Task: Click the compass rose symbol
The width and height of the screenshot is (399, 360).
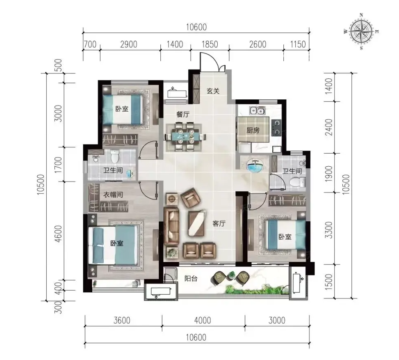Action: [x=361, y=32]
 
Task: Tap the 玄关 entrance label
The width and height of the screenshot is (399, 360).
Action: [x=213, y=91]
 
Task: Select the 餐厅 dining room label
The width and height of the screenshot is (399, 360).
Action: [x=183, y=115]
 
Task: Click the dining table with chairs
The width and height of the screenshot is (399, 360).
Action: [x=185, y=137]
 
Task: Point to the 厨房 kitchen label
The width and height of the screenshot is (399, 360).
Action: [x=253, y=130]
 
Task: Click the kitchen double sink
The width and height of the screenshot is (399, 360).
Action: [x=257, y=111]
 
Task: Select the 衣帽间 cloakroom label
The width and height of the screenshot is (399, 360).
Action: [x=113, y=195]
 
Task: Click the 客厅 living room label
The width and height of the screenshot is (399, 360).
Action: [x=219, y=223]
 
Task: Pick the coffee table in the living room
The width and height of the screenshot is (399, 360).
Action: [x=196, y=223]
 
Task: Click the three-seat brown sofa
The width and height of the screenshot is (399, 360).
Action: [x=171, y=222]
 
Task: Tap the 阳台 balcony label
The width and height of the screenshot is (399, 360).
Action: [x=191, y=278]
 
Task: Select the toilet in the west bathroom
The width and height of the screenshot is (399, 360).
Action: [x=115, y=156]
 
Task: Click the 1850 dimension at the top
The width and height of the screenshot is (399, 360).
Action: [x=210, y=44]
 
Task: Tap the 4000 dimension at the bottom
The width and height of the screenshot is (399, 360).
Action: [x=203, y=320]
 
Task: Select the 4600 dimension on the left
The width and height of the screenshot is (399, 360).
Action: [x=58, y=234]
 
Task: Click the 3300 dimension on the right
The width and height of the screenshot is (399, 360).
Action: [x=329, y=230]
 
